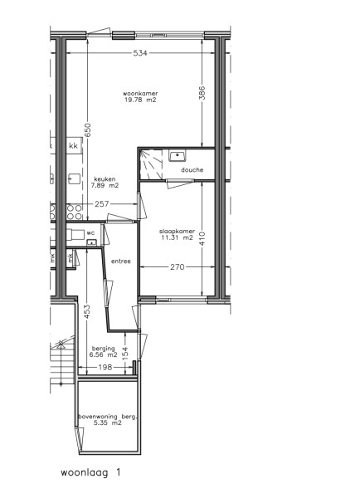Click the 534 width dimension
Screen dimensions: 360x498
click(140, 53)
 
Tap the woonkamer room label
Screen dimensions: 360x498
click(140, 96)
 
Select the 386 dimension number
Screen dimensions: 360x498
click(202, 93)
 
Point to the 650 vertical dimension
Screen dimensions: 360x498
click(88, 130)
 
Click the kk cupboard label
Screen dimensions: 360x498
click(73, 146)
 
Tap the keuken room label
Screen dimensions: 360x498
click(105, 183)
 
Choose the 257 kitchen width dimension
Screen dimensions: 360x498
click(101, 204)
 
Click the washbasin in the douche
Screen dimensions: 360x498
click(178, 156)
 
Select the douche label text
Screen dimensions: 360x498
click(192, 170)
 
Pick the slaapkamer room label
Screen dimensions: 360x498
click(177, 234)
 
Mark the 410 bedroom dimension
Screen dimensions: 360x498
click(202, 238)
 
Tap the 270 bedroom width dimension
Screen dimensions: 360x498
click(177, 267)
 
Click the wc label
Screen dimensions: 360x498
click(90, 232)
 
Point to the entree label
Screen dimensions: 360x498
click(121, 261)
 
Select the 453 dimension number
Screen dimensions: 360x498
click(88, 312)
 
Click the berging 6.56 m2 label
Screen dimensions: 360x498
click(103, 352)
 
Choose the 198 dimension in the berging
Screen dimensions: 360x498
click(105, 368)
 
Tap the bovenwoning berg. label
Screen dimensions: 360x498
click(108, 419)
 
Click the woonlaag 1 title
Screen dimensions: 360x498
click(90, 472)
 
